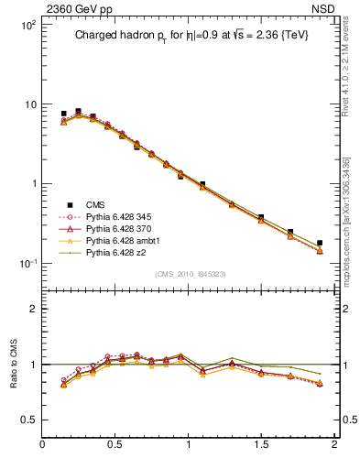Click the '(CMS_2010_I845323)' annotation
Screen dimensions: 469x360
[x=189, y=273]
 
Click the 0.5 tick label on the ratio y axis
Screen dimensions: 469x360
[x=27, y=420]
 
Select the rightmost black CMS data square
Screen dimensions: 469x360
[x=320, y=243]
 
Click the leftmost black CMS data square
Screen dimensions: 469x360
[x=63, y=114]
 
